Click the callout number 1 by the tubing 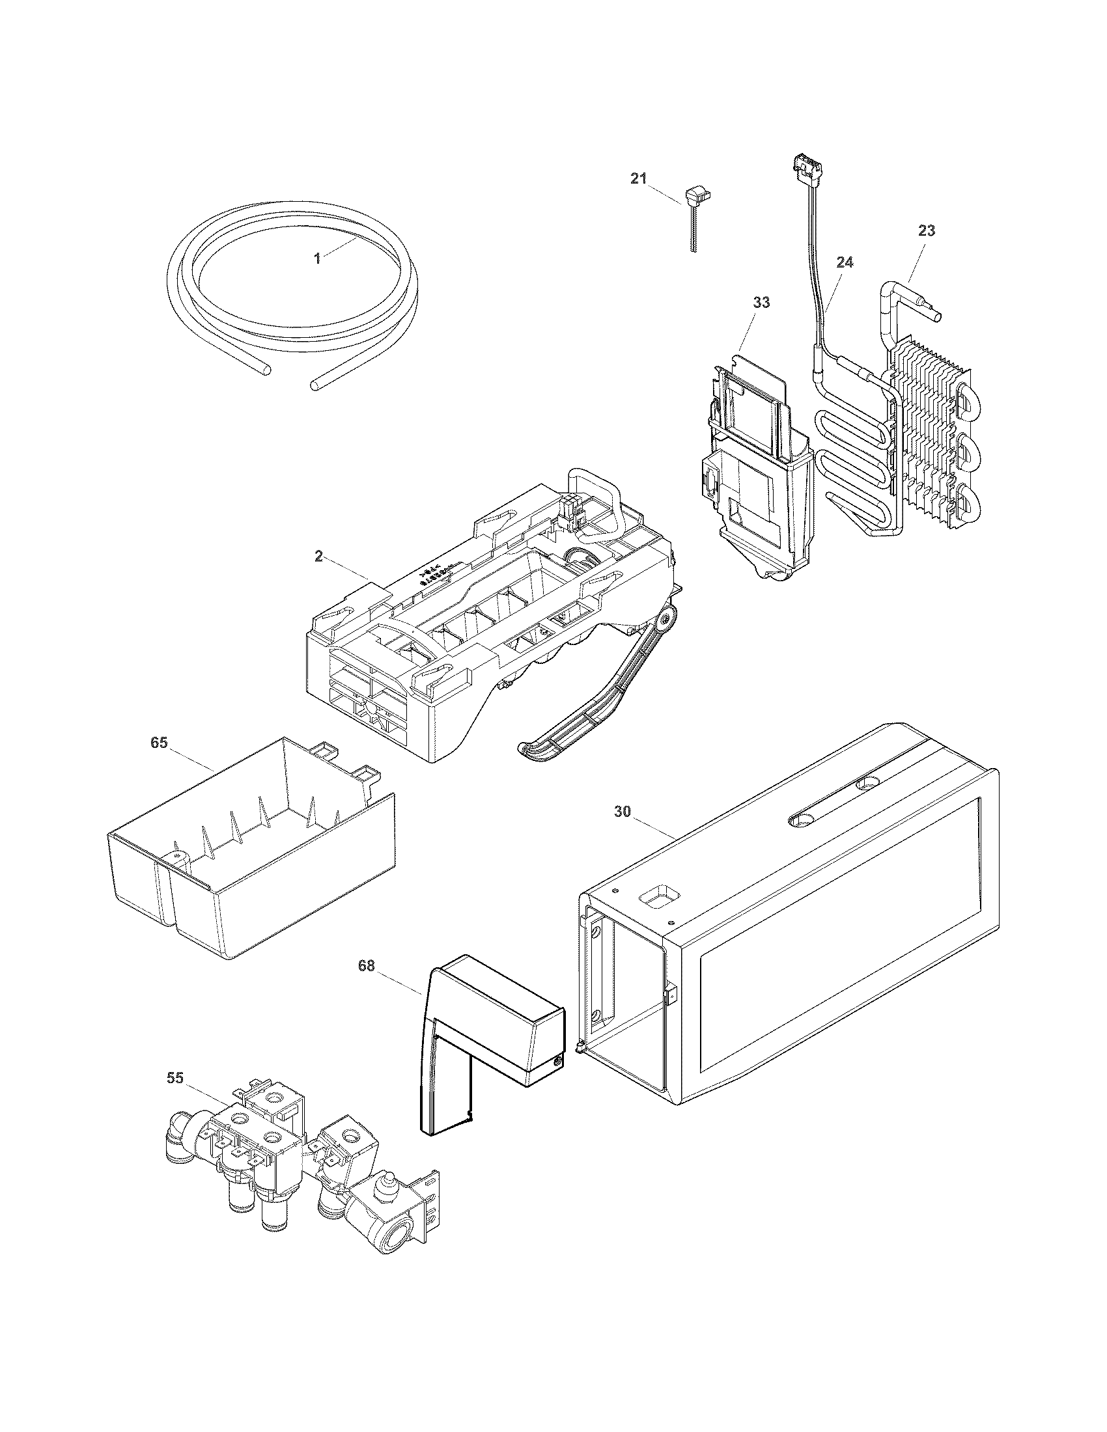[x=317, y=259]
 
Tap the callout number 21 [x=639, y=178]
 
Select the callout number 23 [x=927, y=231]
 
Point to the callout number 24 [x=845, y=262]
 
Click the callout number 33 [x=761, y=303]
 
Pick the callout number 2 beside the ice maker [x=318, y=557]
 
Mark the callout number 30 [x=623, y=812]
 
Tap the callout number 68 [x=367, y=966]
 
